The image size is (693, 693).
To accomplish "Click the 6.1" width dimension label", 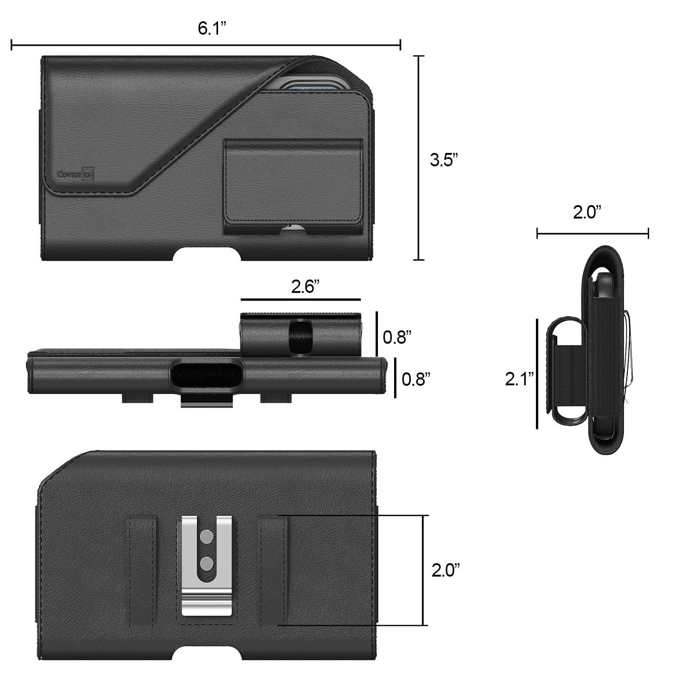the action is [212, 28].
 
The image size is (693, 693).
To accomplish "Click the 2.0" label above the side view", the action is [587, 213].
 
